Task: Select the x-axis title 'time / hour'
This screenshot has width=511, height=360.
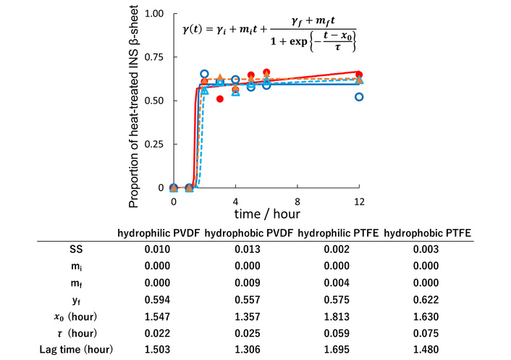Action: [x=267, y=214]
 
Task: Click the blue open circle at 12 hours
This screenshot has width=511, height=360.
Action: [x=359, y=96]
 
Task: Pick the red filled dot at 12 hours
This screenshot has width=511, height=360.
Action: [x=359, y=75]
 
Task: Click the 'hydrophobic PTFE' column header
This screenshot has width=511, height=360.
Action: [x=427, y=233]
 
